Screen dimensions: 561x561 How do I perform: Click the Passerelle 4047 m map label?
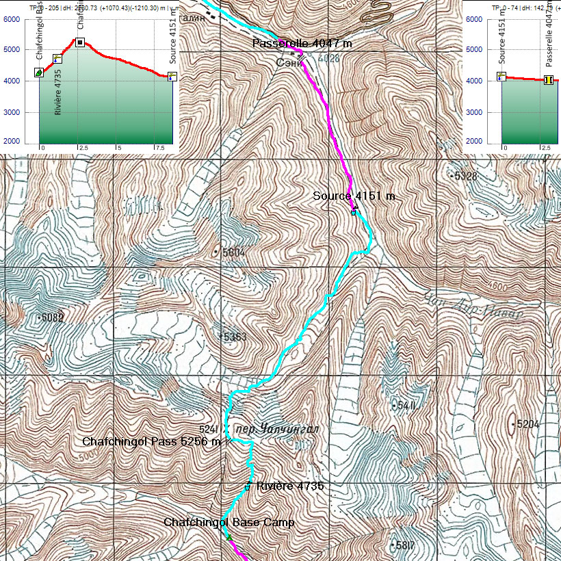(302, 44)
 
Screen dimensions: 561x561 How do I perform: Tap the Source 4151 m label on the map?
(354, 196)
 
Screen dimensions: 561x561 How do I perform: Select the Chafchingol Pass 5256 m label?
(151, 442)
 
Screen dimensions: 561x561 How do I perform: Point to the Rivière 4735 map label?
(289, 486)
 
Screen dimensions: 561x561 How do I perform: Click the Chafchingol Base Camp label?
(229, 523)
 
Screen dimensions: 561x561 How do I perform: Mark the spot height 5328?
(467, 177)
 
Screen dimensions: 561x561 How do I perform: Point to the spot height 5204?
(527, 424)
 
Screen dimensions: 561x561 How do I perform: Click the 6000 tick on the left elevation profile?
(12, 19)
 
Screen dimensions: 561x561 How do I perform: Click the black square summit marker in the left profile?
(80, 42)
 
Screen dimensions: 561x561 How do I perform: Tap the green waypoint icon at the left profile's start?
(39, 73)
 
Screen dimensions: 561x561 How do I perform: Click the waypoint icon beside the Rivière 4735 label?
(248, 486)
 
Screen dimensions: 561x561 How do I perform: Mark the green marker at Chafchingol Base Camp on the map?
(229, 536)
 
